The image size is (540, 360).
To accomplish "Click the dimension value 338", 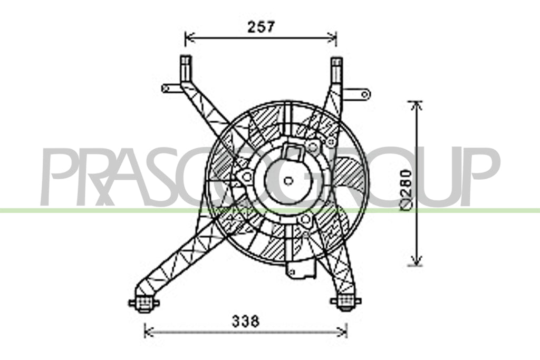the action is coord(246,322).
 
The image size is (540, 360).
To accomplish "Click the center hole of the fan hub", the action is coord(288,180).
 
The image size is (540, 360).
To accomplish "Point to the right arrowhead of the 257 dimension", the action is coord(332,37).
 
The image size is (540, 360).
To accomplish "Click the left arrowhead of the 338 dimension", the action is coord(149,332).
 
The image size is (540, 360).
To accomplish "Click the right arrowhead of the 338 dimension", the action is coord(342,332).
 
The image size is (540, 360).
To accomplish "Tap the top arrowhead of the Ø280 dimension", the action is coord(417,106).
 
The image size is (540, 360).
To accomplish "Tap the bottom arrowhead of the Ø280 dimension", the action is coord(417,260).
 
